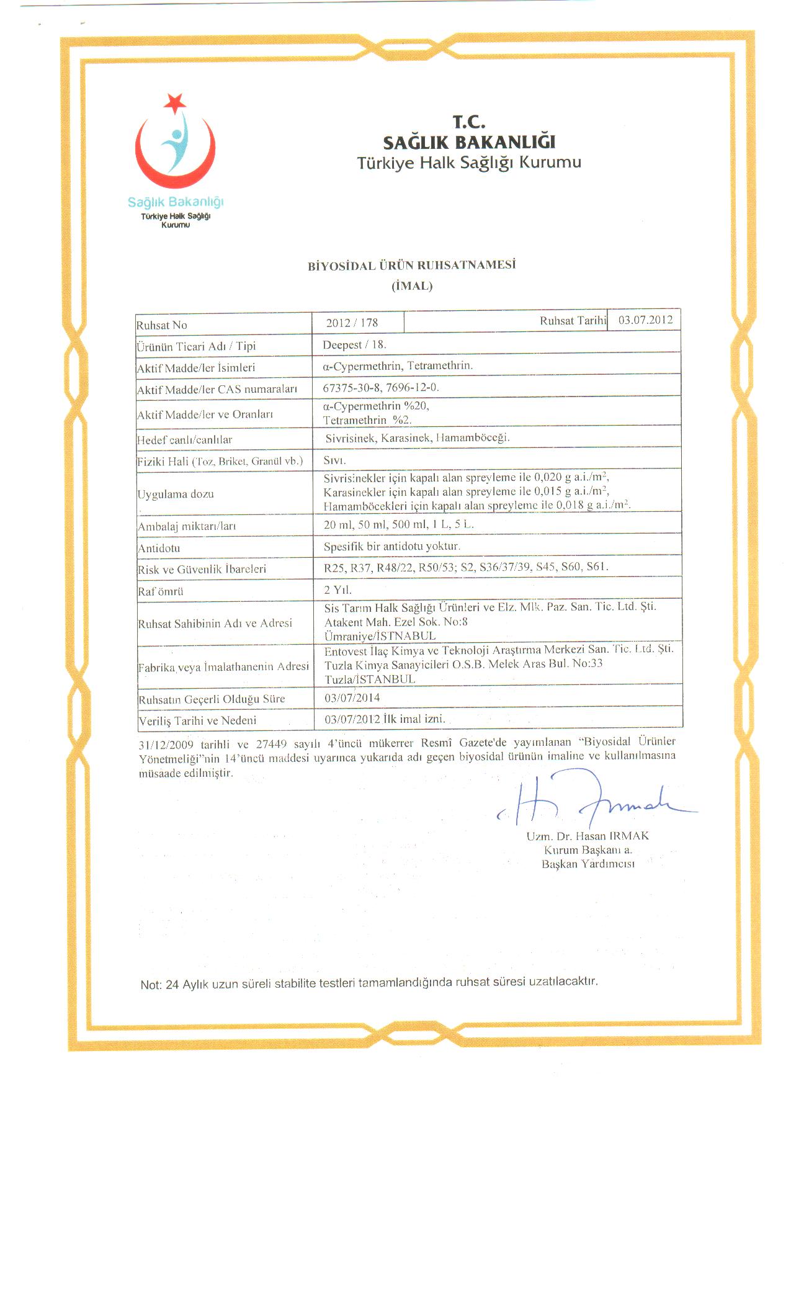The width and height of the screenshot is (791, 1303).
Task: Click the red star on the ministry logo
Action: [x=175, y=102]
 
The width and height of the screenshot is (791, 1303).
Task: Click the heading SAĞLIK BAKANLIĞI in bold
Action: [x=469, y=143]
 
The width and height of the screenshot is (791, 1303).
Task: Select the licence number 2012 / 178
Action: [x=352, y=323]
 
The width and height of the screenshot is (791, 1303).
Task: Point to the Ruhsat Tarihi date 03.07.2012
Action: [x=645, y=320]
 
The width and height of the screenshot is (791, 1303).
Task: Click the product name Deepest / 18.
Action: [x=354, y=344]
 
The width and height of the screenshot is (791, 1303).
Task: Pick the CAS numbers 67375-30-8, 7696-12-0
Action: [x=381, y=387]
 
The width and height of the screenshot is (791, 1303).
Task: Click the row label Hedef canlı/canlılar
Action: [x=184, y=440]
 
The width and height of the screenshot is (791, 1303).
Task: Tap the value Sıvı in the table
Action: [x=334, y=460]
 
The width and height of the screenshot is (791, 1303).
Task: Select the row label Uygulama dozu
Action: [x=176, y=495]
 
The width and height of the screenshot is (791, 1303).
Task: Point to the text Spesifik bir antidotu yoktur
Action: [x=392, y=546]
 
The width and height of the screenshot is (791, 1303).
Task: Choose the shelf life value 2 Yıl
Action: [x=337, y=589]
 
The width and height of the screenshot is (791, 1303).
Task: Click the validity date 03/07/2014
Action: [x=352, y=697]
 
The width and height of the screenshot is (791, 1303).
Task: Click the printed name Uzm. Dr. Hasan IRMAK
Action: [x=588, y=836]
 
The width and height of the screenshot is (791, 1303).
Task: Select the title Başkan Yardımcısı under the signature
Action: [x=588, y=864]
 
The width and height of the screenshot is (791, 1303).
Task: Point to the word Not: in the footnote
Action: [x=151, y=985]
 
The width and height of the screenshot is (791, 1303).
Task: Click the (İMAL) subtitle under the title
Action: [x=412, y=286]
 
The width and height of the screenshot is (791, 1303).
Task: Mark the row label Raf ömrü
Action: [x=161, y=591]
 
